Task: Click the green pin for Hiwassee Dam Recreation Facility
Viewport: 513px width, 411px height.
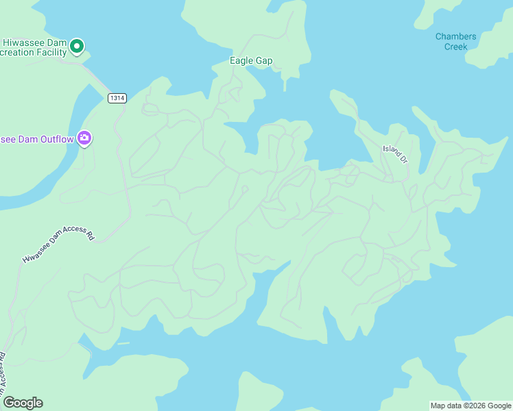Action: (77, 47)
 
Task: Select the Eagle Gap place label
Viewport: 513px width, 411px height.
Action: (251, 61)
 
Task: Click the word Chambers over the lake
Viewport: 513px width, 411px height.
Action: (455, 36)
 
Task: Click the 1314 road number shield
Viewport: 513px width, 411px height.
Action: (117, 98)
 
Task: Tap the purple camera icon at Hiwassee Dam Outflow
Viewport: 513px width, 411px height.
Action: (84, 138)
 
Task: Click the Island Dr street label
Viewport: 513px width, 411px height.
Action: (395, 154)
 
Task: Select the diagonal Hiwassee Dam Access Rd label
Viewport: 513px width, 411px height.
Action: (58, 245)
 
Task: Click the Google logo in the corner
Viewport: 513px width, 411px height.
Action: (23, 403)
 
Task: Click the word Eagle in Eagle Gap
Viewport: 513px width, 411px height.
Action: (241, 61)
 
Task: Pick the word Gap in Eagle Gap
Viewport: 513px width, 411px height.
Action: (264, 61)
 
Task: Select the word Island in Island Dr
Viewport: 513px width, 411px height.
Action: (391, 151)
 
